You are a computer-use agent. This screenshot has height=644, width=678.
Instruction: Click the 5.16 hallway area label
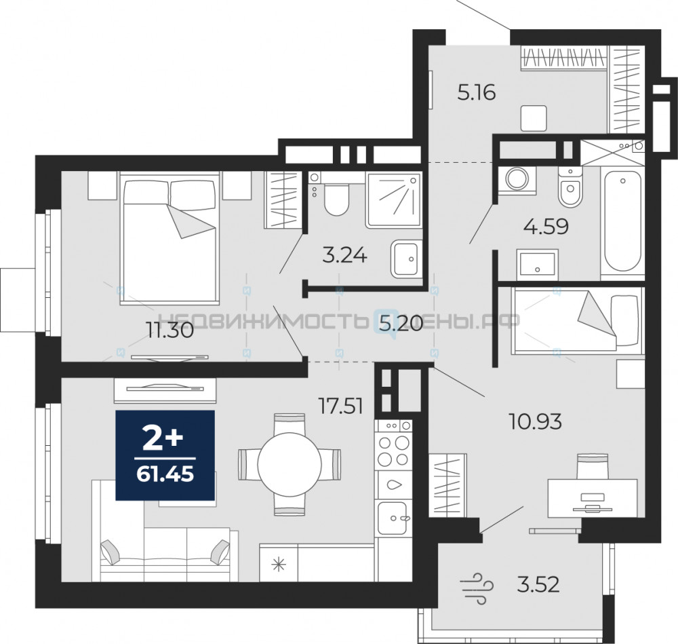(x=477, y=92)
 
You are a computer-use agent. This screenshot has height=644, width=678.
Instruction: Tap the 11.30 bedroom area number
(x=169, y=331)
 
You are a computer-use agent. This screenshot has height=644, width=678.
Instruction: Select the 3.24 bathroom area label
(x=344, y=255)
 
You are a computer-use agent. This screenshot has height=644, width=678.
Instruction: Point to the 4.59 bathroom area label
(x=546, y=227)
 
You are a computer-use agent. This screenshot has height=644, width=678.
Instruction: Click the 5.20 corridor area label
(x=401, y=323)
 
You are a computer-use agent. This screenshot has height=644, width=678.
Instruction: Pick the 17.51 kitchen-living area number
(x=340, y=406)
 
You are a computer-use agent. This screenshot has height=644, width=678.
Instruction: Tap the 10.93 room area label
(x=536, y=421)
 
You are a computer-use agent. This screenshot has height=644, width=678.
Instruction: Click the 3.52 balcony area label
(x=538, y=585)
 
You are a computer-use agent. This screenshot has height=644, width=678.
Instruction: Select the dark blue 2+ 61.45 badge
(x=165, y=455)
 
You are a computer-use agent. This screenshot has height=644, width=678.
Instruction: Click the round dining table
(x=290, y=465)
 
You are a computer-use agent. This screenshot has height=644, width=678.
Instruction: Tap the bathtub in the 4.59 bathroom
(x=622, y=221)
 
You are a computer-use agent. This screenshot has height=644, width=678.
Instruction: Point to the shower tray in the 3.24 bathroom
(x=393, y=200)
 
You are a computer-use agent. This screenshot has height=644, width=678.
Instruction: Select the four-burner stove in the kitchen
(x=393, y=444)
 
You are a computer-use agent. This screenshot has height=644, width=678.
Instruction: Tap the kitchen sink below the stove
(x=393, y=518)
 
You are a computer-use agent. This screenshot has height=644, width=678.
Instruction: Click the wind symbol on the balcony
(x=477, y=587)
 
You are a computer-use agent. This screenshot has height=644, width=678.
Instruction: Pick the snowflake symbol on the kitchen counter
(x=279, y=565)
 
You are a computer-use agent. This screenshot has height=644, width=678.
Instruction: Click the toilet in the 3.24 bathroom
(x=336, y=195)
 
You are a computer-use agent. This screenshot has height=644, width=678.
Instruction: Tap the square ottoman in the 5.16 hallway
(x=534, y=118)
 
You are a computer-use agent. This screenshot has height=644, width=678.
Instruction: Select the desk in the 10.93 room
(x=593, y=497)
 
